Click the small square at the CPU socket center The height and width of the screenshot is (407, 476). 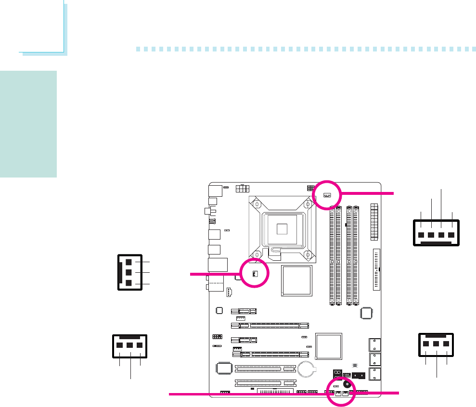click(282, 229)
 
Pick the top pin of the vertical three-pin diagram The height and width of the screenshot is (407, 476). click(129, 262)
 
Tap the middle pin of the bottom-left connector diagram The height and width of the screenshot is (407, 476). click(130, 345)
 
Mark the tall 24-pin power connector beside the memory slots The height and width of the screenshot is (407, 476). click(373, 222)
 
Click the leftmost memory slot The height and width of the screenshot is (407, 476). click(333, 255)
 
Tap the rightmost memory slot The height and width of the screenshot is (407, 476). click(356, 255)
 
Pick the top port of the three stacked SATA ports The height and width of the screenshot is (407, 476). click(373, 344)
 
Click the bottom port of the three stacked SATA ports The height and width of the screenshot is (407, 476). click(373, 373)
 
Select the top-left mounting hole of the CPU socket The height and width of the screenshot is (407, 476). click(257, 204)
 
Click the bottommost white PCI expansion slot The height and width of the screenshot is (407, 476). click(265, 383)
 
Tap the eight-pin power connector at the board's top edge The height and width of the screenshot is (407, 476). click(242, 189)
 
